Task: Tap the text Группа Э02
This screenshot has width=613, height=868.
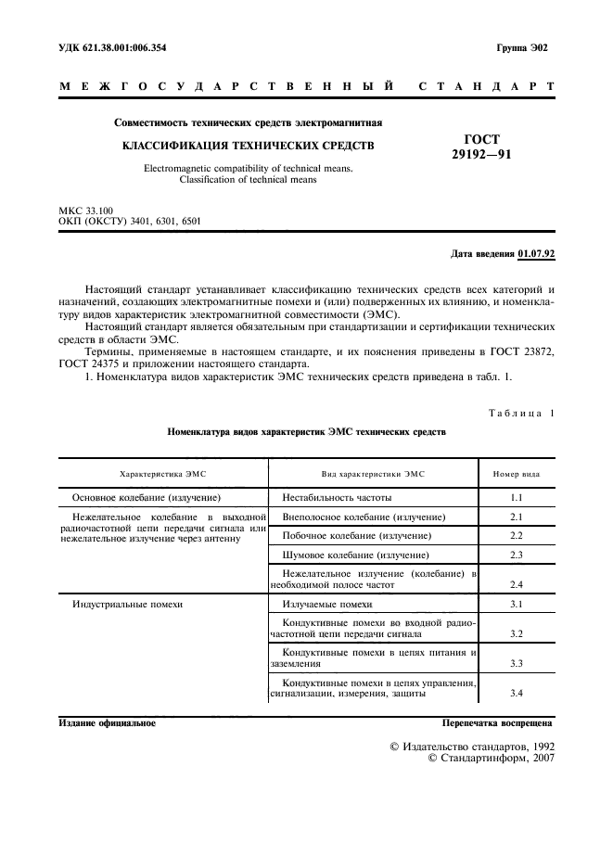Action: [x=522, y=47]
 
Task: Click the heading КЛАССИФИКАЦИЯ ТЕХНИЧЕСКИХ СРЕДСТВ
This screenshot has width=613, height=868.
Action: [x=249, y=146]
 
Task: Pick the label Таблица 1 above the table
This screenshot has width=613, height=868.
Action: [x=521, y=413]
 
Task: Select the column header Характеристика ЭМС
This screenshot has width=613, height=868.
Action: [x=164, y=473]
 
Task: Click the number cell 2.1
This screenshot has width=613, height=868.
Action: [x=517, y=517]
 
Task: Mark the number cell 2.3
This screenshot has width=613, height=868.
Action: [x=517, y=555]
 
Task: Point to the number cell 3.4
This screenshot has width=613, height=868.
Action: [x=517, y=694]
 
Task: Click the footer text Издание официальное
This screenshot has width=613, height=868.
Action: [x=107, y=722]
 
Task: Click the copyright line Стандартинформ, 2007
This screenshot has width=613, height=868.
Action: [x=491, y=759]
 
